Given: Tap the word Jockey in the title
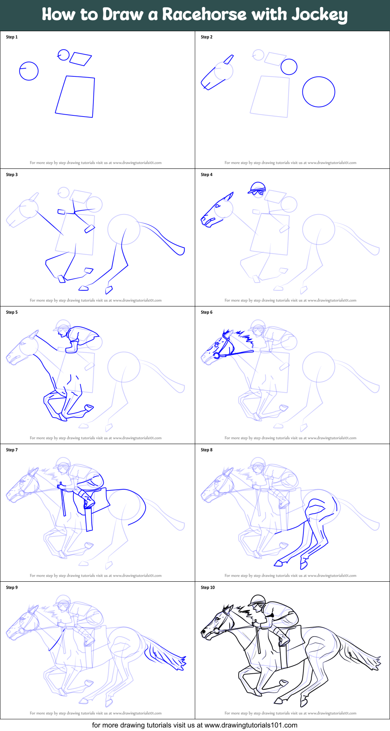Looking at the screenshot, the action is coord(320,15).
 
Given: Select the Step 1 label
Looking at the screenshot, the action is coord(12,37).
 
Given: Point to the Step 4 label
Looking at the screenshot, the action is coord(207,175).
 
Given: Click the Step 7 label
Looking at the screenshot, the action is coord(12,450).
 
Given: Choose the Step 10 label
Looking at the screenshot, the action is coord(208,588).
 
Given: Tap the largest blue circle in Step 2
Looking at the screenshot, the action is coord(319,92).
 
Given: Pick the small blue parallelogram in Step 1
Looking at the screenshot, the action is coord(80,59).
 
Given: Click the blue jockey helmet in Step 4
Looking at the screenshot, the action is coord(257,188).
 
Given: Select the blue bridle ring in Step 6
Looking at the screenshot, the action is coord(216,356).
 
